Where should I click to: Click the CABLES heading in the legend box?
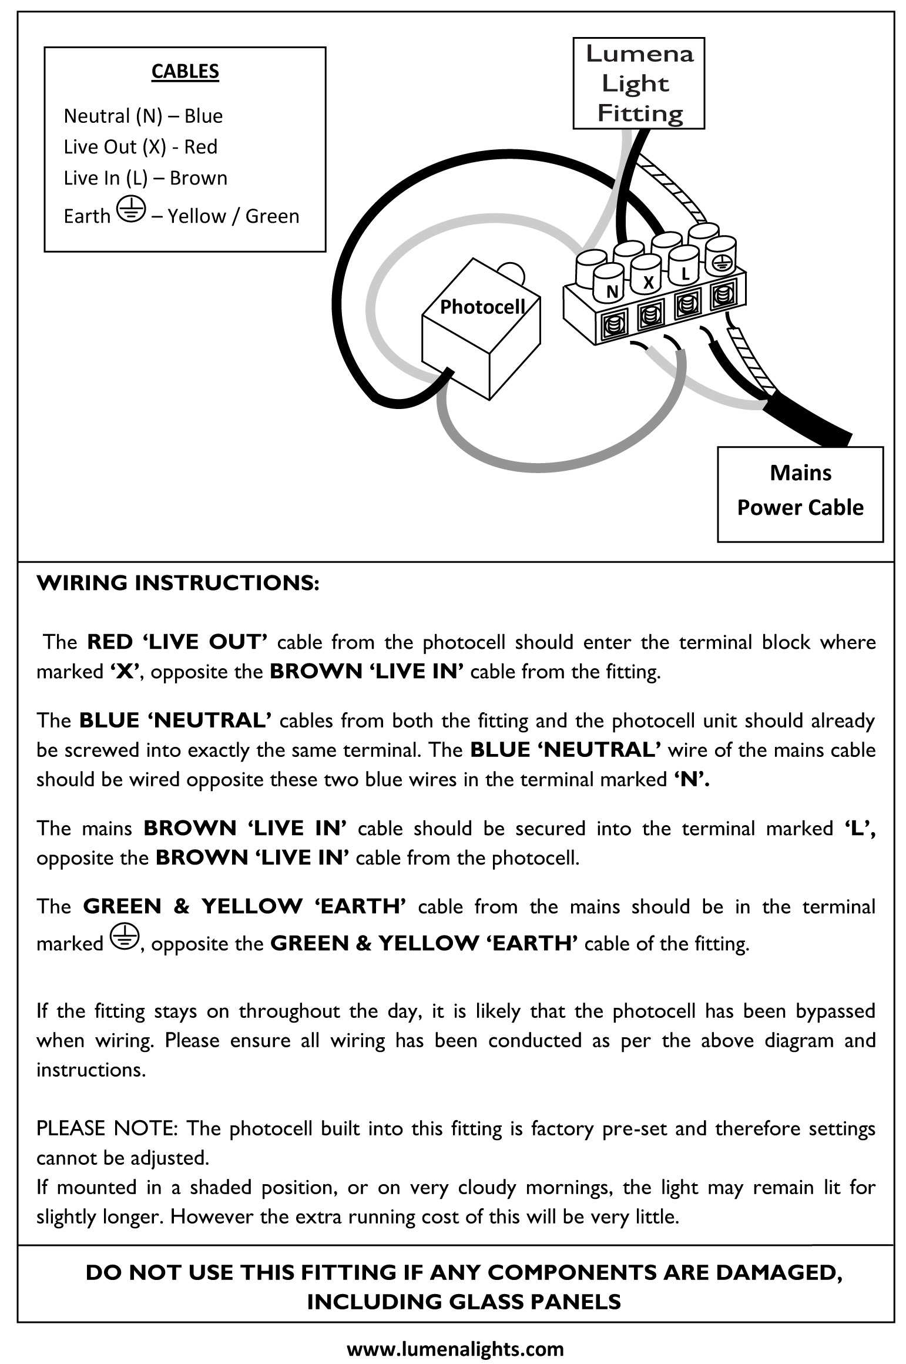tap(185, 72)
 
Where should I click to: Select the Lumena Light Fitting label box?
tap(639, 83)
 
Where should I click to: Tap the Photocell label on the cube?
tap(482, 307)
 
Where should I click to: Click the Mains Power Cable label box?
tap(800, 491)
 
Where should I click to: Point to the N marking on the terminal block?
tap(612, 291)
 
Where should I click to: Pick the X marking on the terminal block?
tap(648, 283)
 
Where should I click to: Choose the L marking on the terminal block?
tap(684, 274)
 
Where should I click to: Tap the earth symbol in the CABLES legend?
tap(130, 210)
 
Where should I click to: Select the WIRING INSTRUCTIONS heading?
tap(178, 584)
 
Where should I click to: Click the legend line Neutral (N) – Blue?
tap(143, 116)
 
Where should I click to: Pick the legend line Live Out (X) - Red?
tap(140, 147)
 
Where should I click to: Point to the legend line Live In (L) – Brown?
tap(145, 178)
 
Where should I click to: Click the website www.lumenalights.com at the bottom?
tap(455, 1349)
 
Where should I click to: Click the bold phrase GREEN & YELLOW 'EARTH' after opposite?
tap(424, 943)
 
